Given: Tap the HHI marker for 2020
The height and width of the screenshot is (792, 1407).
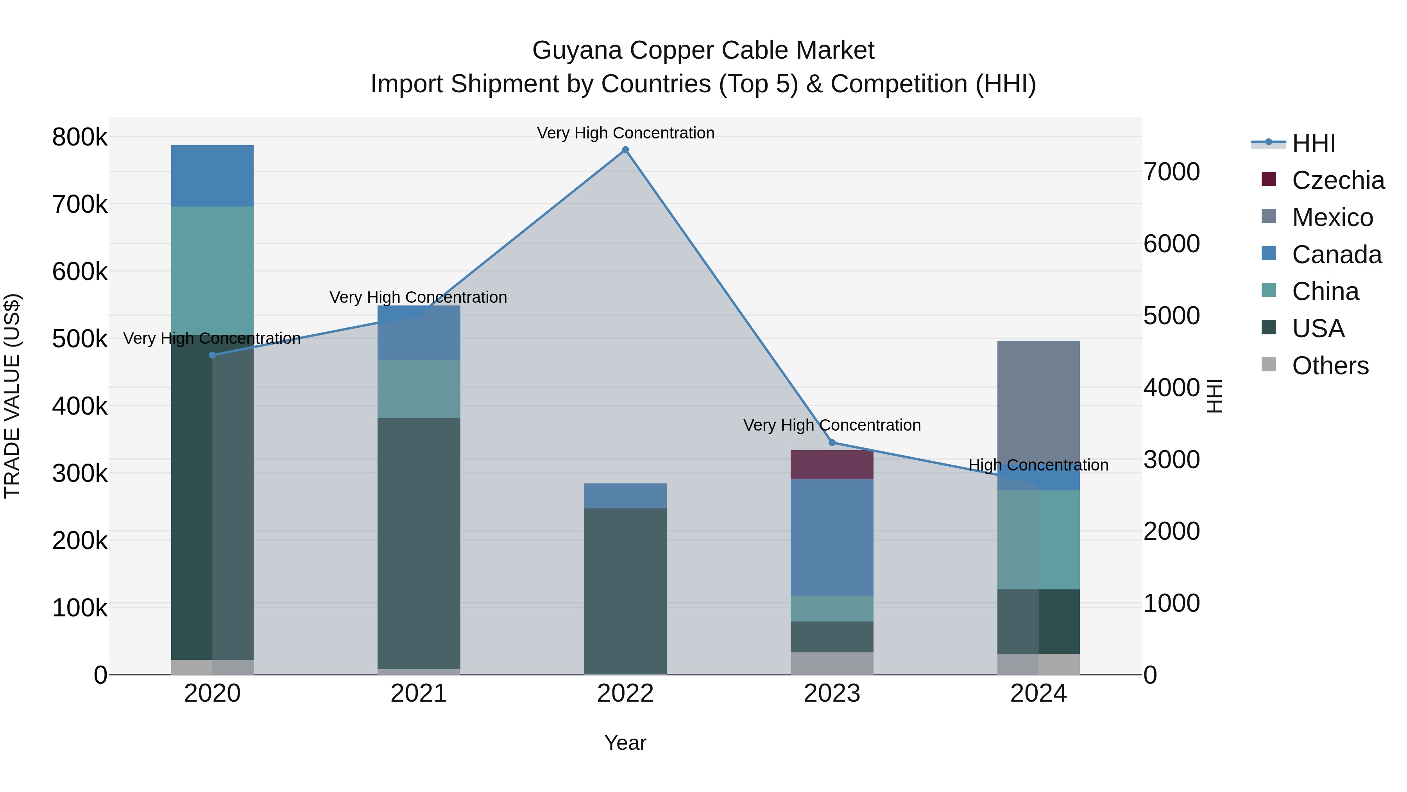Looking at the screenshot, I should pyautogui.click(x=213, y=355).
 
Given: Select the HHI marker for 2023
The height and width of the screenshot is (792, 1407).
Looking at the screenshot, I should pyautogui.click(x=832, y=442).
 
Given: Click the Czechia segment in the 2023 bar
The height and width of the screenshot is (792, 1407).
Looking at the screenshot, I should pyautogui.click(x=832, y=465).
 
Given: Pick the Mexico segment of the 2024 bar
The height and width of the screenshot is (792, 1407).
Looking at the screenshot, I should pyautogui.click(x=1038, y=399).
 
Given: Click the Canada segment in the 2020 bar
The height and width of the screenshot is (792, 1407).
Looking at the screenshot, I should pyautogui.click(x=213, y=176).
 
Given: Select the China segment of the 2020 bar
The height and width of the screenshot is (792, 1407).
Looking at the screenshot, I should pyautogui.click(x=213, y=271).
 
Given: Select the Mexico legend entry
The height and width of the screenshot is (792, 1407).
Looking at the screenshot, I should pyautogui.click(x=1332, y=217).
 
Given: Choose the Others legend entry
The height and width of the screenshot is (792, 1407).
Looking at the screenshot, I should pyautogui.click(x=1330, y=366).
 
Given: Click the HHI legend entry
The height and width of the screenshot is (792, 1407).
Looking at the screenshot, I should pyautogui.click(x=1314, y=143).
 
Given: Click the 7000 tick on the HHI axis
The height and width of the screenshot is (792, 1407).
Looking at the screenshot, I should pyautogui.click(x=1172, y=172).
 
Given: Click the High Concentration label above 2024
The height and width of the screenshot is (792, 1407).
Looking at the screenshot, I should pyautogui.click(x=1038, y=465).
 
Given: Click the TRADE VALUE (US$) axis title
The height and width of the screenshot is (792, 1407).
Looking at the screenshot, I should pyautogui.click(x=12, y=396).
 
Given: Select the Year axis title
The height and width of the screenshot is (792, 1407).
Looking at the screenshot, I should pyautogui.click(x=625, y=744).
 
